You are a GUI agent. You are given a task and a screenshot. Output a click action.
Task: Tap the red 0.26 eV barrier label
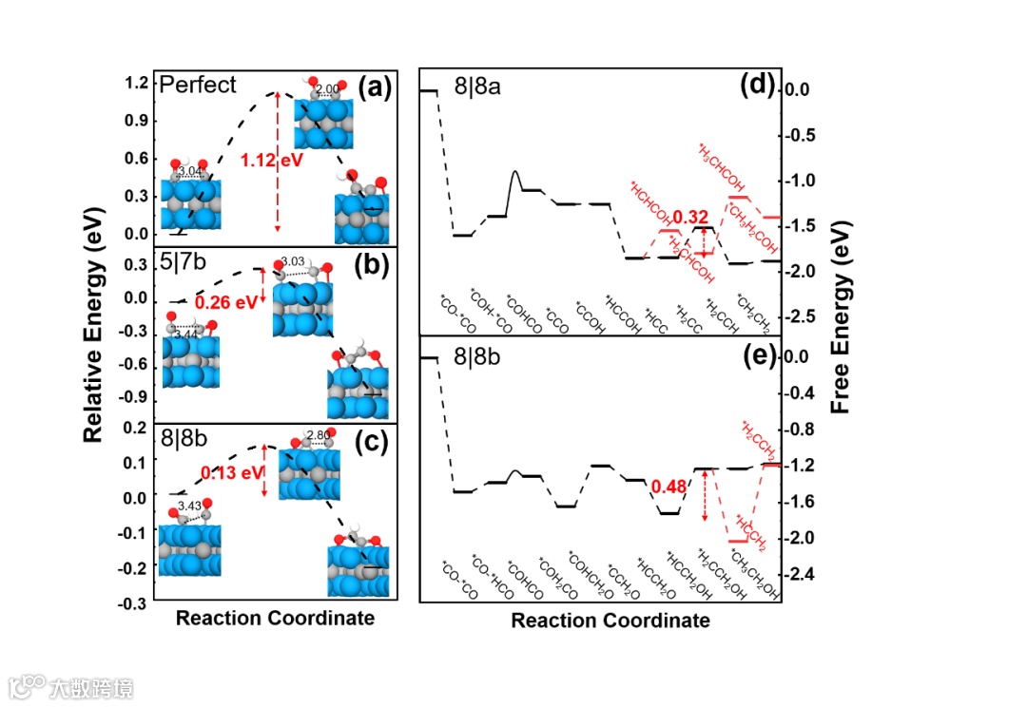coord(223,302)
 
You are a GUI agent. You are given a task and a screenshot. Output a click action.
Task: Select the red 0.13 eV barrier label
coord(231,472)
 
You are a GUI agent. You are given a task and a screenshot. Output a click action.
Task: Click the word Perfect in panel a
coord(198,85)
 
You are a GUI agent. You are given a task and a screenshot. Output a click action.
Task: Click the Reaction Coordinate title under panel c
coord(275,618)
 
